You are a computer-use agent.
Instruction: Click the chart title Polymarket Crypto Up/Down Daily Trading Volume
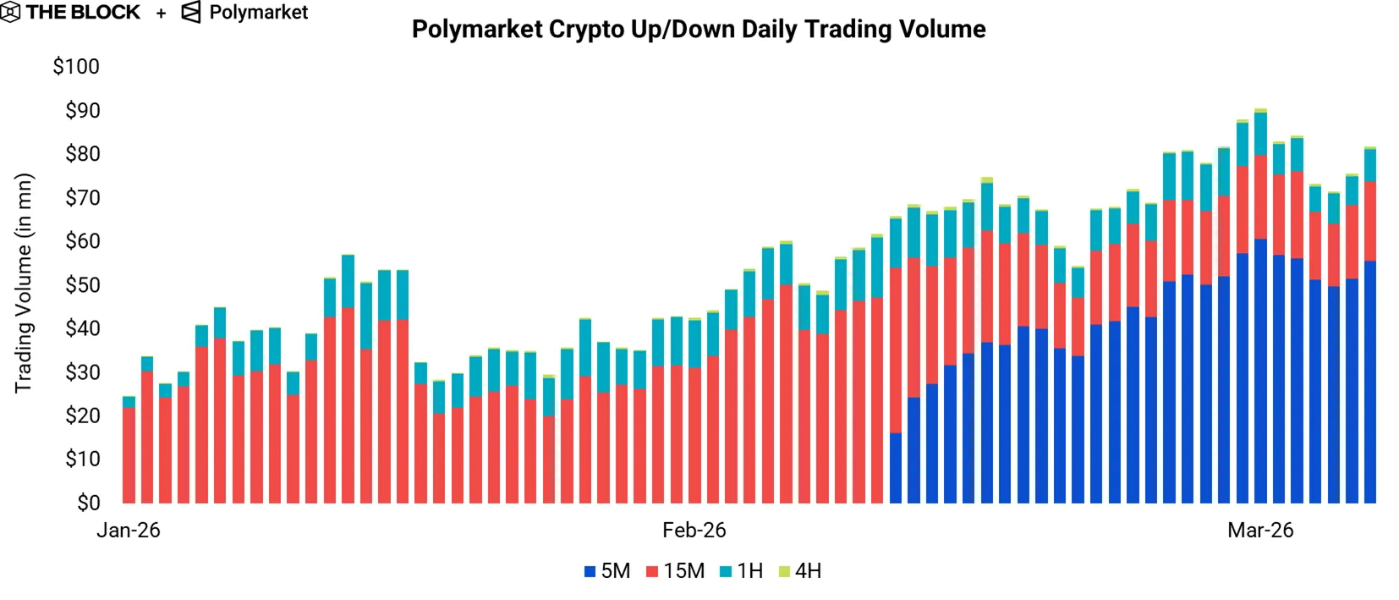point(699,30)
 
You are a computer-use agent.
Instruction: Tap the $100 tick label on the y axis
point(76,67)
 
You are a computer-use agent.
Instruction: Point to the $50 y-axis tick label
point(82,285)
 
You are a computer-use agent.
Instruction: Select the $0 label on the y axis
point(88,503)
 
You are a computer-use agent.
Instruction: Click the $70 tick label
point(82,198)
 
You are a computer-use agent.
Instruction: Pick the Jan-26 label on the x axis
point(129,531)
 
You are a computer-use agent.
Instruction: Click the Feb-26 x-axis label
point(694,531)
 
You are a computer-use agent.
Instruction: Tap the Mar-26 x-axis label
point(1260,531)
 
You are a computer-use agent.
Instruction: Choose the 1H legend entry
point(741,571)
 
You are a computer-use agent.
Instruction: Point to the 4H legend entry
point(800,571)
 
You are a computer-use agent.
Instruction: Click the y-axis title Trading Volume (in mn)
point(24,283)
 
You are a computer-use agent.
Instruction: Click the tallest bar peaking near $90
point(1260,305)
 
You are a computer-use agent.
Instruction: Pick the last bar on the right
point(1369,326)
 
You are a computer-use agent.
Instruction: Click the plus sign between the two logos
point(161,14)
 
